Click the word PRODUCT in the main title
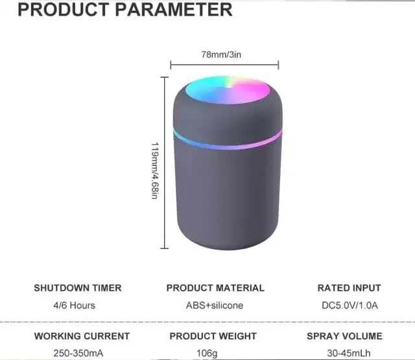tap(64, 10)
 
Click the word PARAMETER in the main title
tap(174, 10)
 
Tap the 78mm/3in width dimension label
tap(221, 54)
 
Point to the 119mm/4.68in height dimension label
tap(155, 171)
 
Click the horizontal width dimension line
tap(224, 64)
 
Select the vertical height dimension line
tap(164, 163)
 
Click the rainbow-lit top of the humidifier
tap(228, 90)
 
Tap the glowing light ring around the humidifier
tap(228, 140)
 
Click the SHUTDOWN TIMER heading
tap(78, 288)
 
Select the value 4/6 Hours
tap(75, 306)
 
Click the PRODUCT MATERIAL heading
tap(215, 288)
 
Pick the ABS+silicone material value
tap(215, 306)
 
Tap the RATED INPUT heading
tap(349, 288)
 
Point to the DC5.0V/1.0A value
tap(350, 306)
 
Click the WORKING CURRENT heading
tap(82, 336)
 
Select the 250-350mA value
tap(78, 353)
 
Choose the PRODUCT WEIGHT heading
tap(213, 336)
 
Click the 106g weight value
tap(207, 354)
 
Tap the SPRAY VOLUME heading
tap(344, 336)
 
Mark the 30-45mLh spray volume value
tap(349, 353)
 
